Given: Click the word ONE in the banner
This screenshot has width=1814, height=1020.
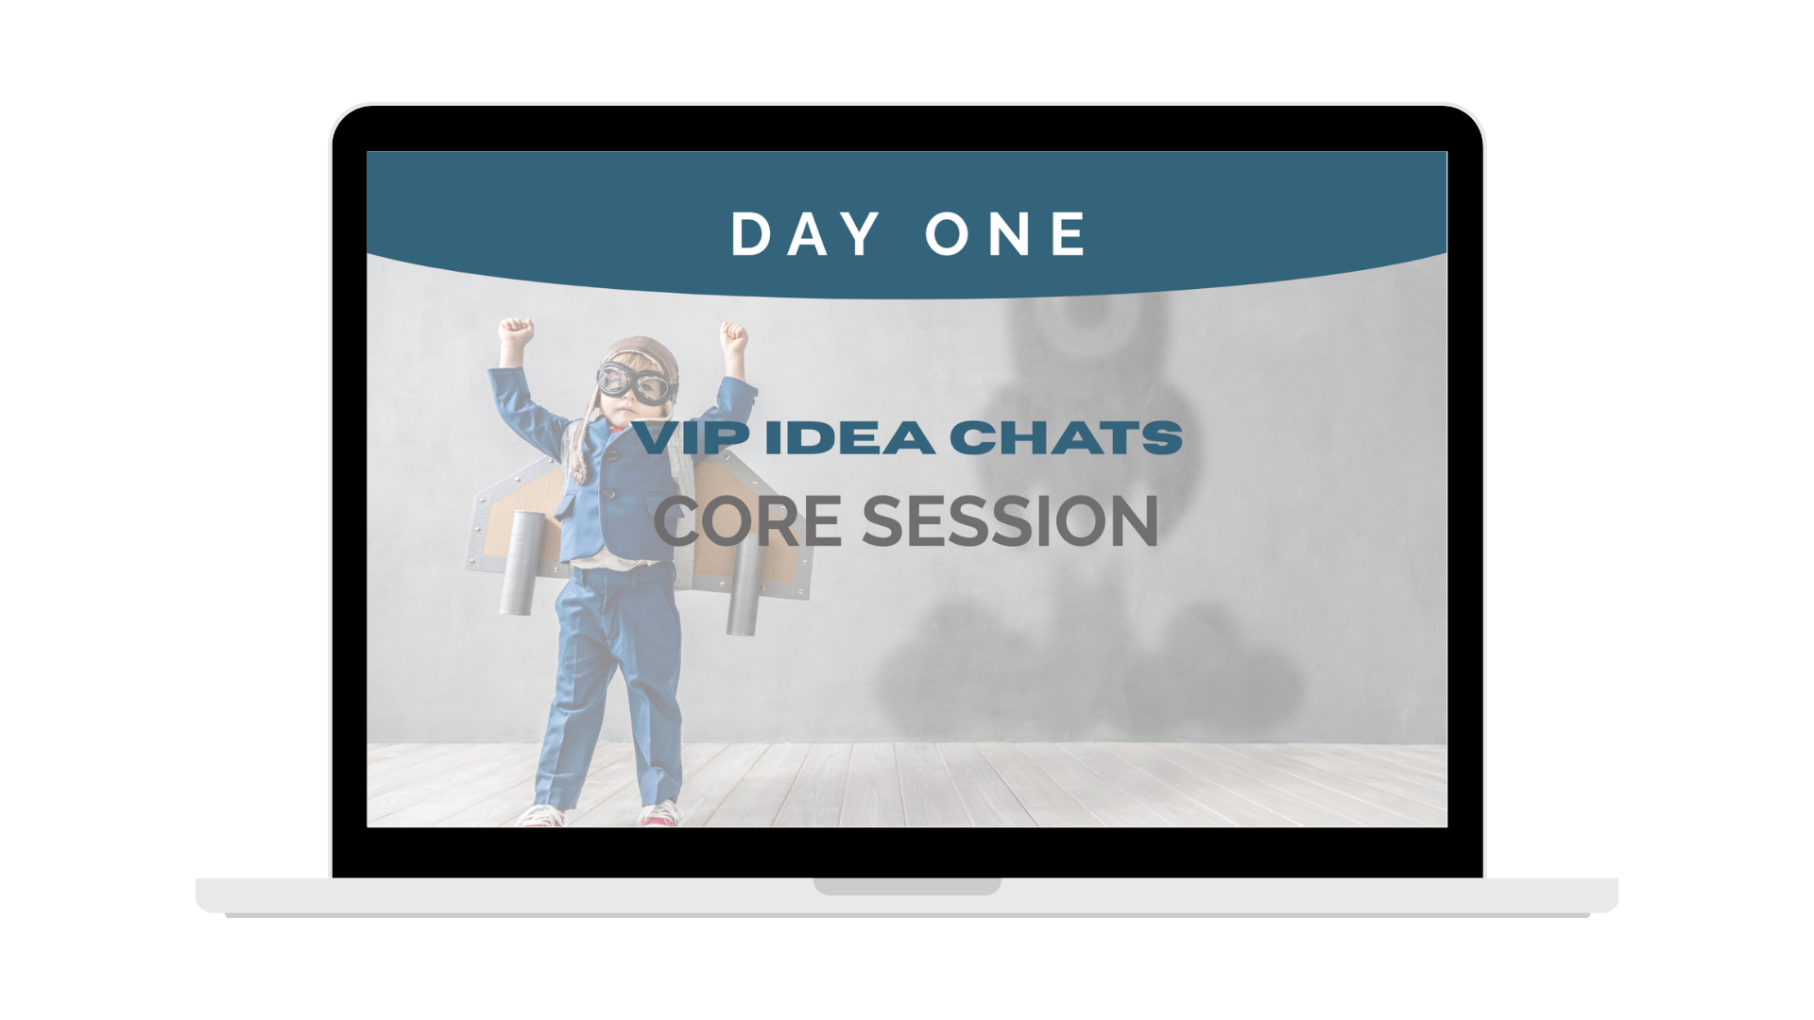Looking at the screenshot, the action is pyautogui.click(x=1006, y=233).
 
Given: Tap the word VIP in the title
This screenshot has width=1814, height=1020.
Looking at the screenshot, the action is pyautogui.click(x=693, y=438).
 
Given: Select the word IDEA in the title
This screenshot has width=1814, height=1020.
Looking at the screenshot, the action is pyautogui.click(x=849, y=438).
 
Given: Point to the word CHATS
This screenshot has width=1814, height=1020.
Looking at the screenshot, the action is pyautogui.click(x=1066, y=438).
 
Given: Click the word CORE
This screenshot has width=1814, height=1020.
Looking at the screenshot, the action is pyautogui.click(x=747, y=521).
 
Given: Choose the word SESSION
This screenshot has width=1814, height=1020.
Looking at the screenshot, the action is pyautogui.click(x=1010, y=521).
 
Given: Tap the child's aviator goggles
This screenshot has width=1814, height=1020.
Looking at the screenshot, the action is pyautogui.click(x=637, y=382).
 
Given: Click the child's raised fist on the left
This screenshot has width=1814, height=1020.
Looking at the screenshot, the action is pyautogui.click(x=516, y=332).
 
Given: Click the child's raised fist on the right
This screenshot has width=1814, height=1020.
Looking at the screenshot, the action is pyautogui.click(x=734, y=336).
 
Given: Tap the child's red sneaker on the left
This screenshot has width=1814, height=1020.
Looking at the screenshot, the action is pyautogui.click(x=542, y=816).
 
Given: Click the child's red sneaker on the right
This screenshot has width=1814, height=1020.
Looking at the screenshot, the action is pyautogui.click(x=660, y=814).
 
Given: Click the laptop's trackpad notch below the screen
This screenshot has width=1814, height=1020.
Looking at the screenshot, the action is pyautogui.click(x=907, y=887).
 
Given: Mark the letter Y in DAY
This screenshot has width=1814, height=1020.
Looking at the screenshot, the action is pyautogui.click(x=860, y=233).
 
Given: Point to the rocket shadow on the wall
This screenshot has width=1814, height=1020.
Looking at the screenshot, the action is pyautogui.click(x=1087, y=510).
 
